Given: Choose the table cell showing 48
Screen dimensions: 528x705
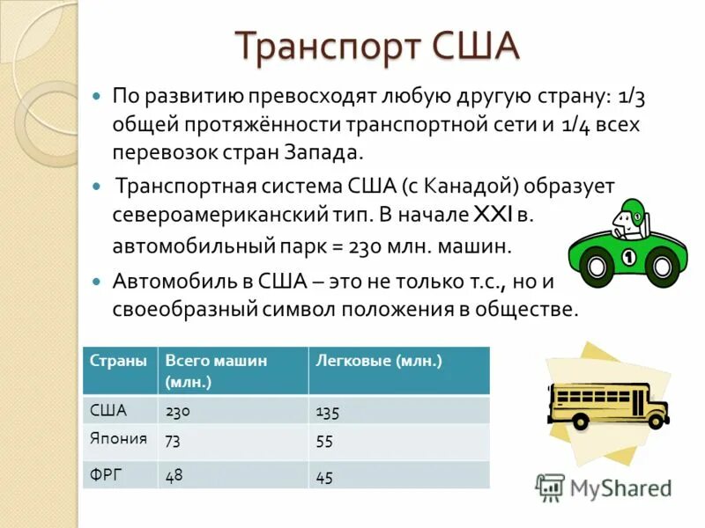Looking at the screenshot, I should pos(174,475).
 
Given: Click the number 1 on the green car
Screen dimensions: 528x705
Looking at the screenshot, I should pos(629,257).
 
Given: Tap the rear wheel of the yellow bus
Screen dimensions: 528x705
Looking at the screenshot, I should pos(581,421).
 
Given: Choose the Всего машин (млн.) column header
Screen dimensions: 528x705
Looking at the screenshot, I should pos(216,370).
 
